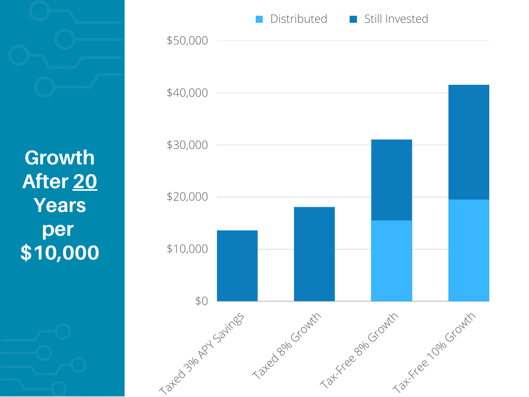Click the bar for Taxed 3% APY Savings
(237, 266)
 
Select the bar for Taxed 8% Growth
(314, 254)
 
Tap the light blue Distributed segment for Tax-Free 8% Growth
(392, 261)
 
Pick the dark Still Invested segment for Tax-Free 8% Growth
(392, 180)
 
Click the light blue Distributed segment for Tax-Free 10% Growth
(469, 250)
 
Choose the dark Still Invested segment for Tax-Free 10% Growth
(469, 142)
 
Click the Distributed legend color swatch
(259, 19)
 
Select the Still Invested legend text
(396, 19)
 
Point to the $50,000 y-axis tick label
(187, 41)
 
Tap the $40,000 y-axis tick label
(187, 93)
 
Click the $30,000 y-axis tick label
(187, 145)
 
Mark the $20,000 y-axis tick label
(187, 197)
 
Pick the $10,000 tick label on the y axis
(187, 249)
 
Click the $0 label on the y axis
(201, 301)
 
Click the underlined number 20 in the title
(85, 181)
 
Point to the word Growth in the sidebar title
(60, 158)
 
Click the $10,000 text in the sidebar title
(60, 253)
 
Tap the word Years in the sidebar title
(60, 205)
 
